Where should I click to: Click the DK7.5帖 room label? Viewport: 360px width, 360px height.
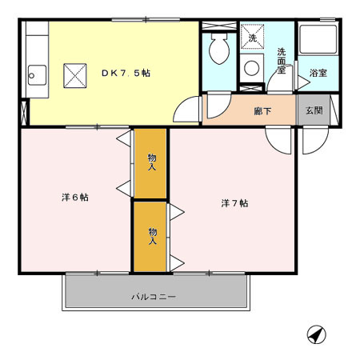pos(126,73)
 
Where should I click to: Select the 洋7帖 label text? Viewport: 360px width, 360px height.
pos(234,202)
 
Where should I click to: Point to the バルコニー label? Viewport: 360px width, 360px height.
pos(153,297)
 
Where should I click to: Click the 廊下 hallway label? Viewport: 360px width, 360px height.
pos(262,110)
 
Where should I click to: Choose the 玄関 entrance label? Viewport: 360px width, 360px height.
pos(313,110)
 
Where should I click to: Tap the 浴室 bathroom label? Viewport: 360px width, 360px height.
pos(318,74)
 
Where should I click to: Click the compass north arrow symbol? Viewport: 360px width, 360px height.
pos(317,334)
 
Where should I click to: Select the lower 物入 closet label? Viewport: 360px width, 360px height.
pos(152,236)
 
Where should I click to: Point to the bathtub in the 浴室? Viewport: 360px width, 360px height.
pos(317,42)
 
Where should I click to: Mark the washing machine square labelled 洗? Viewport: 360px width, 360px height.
pos(251,38)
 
